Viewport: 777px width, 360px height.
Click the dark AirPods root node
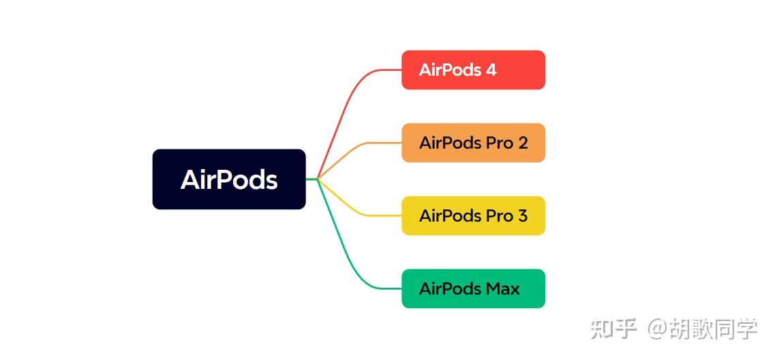point(229,179)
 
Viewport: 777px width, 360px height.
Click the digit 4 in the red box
point(491,70)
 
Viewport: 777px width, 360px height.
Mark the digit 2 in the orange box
point(523,142)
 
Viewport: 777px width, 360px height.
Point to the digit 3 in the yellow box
point(523,215)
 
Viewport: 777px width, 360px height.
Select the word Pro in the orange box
point(500,142)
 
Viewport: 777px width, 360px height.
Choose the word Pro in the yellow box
point(500,215)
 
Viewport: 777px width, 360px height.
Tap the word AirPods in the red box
point(450,70)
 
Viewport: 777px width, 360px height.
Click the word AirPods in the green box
point(450,288)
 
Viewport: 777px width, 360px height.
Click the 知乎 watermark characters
point(613,329)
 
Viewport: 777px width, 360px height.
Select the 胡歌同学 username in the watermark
point(713,329)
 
